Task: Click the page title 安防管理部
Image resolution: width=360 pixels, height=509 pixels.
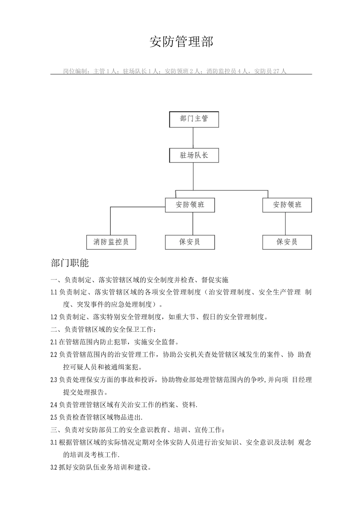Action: tap(182, 42)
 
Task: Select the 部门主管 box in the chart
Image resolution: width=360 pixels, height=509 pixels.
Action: tap(194, 119)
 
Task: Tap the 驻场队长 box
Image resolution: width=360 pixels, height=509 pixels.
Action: tap(194, 155)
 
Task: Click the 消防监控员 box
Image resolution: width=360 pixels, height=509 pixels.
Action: tap(111, 242)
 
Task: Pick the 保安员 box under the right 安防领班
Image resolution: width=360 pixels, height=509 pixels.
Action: tap(287, 242)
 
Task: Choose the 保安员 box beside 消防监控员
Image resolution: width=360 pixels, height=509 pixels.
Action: tap(190, 242)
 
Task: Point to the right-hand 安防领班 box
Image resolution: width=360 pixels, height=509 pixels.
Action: tap(287, 205)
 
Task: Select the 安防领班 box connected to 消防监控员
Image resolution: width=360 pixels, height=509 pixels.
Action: tap(190, 205)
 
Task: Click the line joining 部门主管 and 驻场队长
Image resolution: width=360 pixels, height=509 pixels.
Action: tap(193, 137)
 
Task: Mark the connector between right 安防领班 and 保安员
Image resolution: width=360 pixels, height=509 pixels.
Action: tap(285, 223)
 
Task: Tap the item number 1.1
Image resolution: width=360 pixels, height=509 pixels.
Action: tap(54, 292)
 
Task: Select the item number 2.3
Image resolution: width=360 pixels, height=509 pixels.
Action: tap(54, 380)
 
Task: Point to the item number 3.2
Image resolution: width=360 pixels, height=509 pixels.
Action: tap(54, 467)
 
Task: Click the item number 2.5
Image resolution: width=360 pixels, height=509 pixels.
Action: tap(54, 417)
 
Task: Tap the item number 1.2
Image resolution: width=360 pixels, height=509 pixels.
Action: tap(54, 317)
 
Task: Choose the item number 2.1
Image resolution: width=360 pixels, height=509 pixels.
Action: tap(54, 342)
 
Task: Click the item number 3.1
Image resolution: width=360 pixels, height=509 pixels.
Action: tap(54, 442)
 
